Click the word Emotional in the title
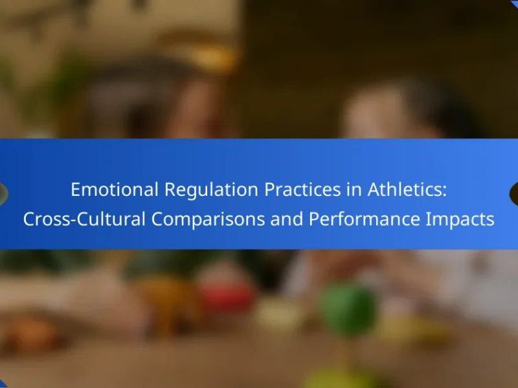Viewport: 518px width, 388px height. pyautogui.click(x=115, y=189)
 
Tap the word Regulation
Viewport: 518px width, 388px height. pyautogui.click(x=211, y=190)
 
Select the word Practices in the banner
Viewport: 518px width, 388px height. pyautogui.click(x=302, y=189)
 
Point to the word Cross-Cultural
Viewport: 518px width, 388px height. pyautogui.click(x=84, y=219)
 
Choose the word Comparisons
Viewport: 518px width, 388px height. pyautogui.click(x=208, y=220)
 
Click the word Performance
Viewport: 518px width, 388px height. pyautogui.click(x=364, y=219)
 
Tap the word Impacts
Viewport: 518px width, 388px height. pyautogui.click(x=460, y=220)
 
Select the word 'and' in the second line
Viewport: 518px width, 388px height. pyautogui.click(x=287, y=219)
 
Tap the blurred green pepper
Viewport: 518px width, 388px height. pyautogui.click(x=349, y=310)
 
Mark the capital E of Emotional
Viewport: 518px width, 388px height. pyautogui.click(x=75, y=190)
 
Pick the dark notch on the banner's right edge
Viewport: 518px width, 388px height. pyautogui.click(x=513, y=193)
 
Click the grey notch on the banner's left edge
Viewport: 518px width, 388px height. pyautogui.click(x=3, y=193)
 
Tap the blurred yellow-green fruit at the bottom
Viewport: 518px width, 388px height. pyautogui.click(x=341, y=378)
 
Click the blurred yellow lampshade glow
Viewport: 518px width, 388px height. pyautogui.click(x=212, y=57)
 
